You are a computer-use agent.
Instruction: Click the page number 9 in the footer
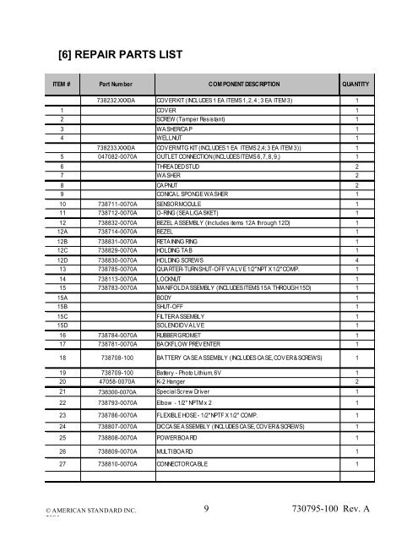[207, 511]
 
